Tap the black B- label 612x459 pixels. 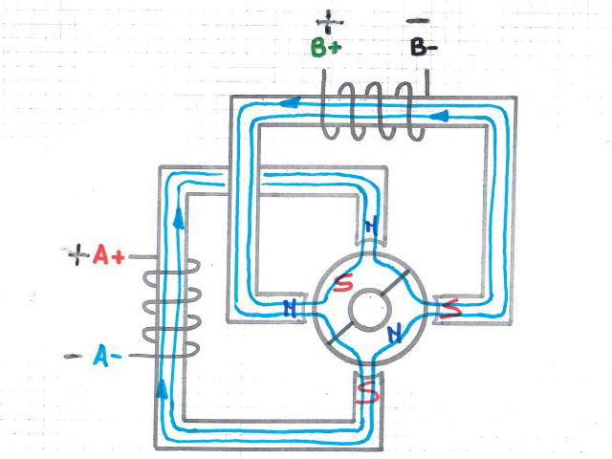pyautogui.click(x=422, y=47)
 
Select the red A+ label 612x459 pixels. pyautogui.click(x=108, y=255)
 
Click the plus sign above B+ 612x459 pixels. pyautogui.click(x=330, y=18)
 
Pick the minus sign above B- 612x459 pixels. pyautogui.click(x=418, y=19)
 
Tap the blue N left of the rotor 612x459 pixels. pyautogui.click(x=291, y=308)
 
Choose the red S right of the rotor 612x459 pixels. pyautogui.click(x=452, y=308)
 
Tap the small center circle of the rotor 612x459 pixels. pyautogui.click(x=369, y=311)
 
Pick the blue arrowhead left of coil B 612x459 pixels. pyautogui.click(x=291, y=101)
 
